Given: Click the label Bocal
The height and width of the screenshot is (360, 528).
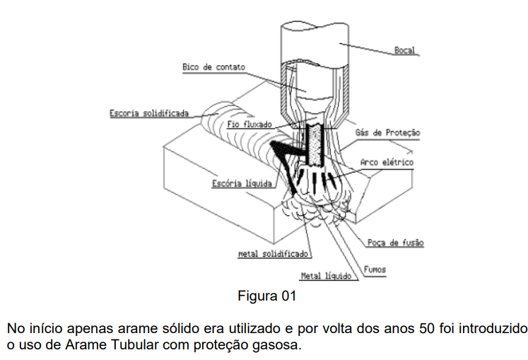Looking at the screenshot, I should [x=404, y=51].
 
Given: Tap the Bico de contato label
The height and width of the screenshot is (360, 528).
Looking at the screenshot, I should [x=213, y=67].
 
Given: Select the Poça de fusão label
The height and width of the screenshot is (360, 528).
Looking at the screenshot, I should [x=395, y=243].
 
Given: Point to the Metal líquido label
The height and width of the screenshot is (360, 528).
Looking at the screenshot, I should [x=326, y=276].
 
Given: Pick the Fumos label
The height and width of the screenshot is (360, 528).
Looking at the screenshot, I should [x=375, y=269].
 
